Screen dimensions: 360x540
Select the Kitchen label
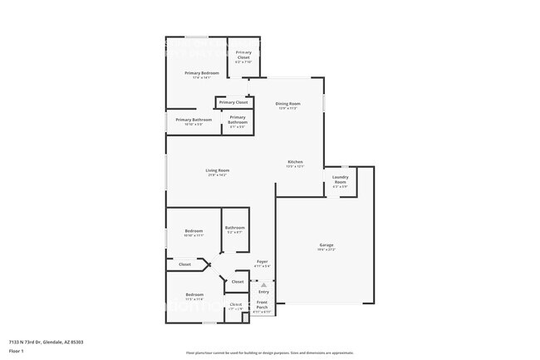(x=295, y=161)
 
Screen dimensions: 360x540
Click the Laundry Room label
(x=341, y=180)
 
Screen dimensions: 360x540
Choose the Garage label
(x=326, y=244)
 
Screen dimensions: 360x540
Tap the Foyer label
(x=262, y=262)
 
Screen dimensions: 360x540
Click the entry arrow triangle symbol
(x=263, y=284)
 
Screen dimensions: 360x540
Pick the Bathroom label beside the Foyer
(x=234, y=228)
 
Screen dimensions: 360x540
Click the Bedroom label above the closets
(x=194, y=230)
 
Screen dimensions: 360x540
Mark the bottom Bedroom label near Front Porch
(x=194, y=295)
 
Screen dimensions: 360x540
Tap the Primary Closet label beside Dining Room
(x=233, y=102)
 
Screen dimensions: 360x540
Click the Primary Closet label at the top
(x=243, y=54)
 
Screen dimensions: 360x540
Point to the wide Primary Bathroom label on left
(x=194, y=120)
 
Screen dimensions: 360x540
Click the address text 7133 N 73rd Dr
(x=46, y=342)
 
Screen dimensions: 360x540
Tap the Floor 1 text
(x=17, y=351)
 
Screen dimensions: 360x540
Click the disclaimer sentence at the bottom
(x=270, y=352)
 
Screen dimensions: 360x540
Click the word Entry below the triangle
(x=263, y=292)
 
